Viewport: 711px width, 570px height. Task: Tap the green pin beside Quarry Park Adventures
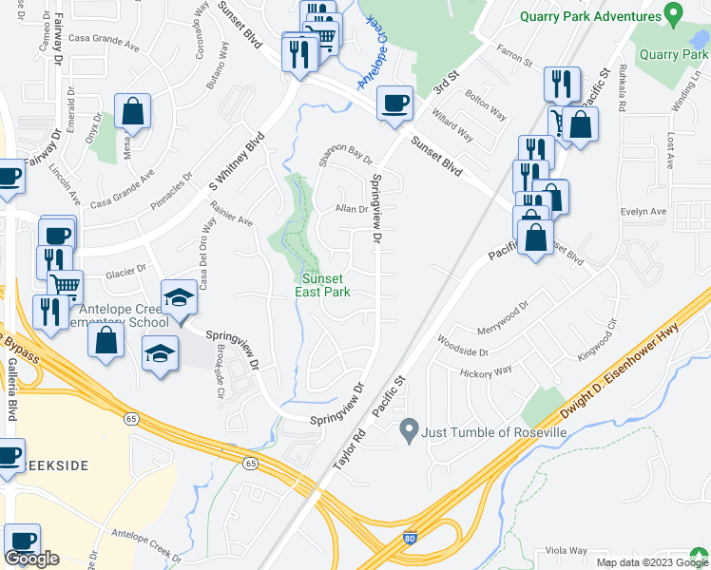coord(674,15)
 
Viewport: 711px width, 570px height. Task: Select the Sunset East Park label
coord(326,285)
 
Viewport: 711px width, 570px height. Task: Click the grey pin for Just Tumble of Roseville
coord(410,432)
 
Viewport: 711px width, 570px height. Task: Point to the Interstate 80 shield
coord(410,538)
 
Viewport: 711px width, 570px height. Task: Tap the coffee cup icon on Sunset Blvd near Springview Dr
coord(394,104)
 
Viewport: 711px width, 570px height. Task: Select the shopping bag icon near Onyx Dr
coord(133,111)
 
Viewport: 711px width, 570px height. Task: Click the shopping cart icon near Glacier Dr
coord(65,285)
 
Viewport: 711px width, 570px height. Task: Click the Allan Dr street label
coord(351,209)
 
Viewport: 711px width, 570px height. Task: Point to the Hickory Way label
coord(488,372)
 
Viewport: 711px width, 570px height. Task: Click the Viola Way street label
coord(567,551)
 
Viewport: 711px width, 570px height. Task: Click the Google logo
coord(32,560)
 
